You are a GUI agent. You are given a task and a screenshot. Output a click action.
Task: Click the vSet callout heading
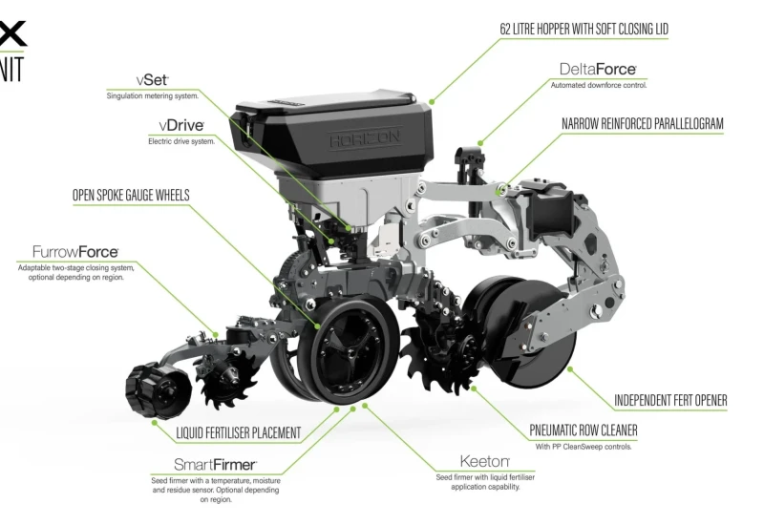tap(153, 80)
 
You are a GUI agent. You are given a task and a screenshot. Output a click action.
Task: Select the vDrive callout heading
tap(181, 126)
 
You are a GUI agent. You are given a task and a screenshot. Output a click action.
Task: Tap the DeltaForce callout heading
tap(598, 69)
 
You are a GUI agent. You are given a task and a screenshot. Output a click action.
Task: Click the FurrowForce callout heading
tap(75, 252)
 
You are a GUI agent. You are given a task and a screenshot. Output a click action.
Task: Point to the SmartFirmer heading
tap(216, 465)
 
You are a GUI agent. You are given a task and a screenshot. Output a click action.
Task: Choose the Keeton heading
tap(485, 461)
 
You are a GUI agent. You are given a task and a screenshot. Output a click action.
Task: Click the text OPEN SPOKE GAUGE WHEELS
tap(131, 196)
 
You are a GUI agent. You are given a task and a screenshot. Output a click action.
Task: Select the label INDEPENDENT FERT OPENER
tap(670, 400)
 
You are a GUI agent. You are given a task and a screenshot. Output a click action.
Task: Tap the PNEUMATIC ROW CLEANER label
tap(584, 430)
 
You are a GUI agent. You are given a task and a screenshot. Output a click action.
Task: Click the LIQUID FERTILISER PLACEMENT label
tap(238, 433)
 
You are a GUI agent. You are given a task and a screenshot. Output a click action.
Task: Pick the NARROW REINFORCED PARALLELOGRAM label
tap(642, 124)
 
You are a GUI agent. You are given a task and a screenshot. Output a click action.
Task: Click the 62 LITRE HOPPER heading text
tap(584, 30)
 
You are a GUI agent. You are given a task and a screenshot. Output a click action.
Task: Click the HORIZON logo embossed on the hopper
tap(365, 138)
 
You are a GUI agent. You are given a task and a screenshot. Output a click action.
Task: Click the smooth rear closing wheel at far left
tap(157, 388)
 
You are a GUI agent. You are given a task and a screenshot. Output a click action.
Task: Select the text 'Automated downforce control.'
tap(599, 85)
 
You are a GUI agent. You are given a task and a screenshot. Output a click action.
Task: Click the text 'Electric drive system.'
tap(181, 141)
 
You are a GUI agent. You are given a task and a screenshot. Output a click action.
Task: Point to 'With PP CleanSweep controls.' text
tap(584, 447)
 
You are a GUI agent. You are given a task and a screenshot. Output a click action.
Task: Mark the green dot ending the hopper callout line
tap(432, 102)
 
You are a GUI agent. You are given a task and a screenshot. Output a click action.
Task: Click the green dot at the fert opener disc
tap(569, 369)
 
